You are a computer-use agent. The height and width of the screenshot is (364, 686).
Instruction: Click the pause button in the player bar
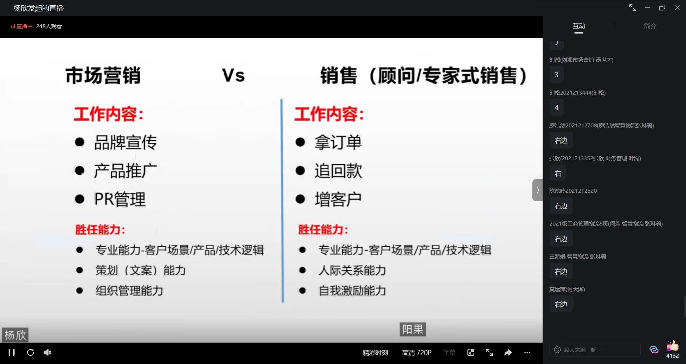[11, 353]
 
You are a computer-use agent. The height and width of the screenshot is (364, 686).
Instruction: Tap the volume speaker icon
[47, 353]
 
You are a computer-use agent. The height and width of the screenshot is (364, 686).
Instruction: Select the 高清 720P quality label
[417, 353]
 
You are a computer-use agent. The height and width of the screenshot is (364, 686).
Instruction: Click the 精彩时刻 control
[375, 353]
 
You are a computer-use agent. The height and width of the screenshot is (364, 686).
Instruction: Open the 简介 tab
[650, 26]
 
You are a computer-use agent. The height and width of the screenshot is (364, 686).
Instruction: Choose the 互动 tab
[579, 26]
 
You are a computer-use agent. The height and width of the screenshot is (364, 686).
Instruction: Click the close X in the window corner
[677, 7]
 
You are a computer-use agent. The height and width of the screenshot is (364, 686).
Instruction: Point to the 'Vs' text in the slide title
[234, 76]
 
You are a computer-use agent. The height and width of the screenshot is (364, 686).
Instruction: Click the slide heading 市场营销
[103, 75]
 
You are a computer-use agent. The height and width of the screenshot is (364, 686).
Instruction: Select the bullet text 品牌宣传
[125, 142]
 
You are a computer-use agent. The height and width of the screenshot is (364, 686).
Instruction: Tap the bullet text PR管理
[120, 199]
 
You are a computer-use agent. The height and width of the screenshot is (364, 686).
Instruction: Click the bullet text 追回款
[338, 171]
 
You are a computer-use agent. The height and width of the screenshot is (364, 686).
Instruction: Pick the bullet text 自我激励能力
[352, 290]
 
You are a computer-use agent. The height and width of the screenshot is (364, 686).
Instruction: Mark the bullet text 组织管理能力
[129, 290]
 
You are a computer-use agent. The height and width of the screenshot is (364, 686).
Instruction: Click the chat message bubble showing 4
[556, 107]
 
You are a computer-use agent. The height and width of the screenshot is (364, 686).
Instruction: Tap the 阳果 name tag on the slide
[413, 329]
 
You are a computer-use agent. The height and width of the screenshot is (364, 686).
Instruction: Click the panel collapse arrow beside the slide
[537, 190]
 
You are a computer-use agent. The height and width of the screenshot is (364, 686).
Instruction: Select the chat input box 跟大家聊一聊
[595, 350]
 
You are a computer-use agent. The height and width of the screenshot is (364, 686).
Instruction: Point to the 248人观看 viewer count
[49, 26]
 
